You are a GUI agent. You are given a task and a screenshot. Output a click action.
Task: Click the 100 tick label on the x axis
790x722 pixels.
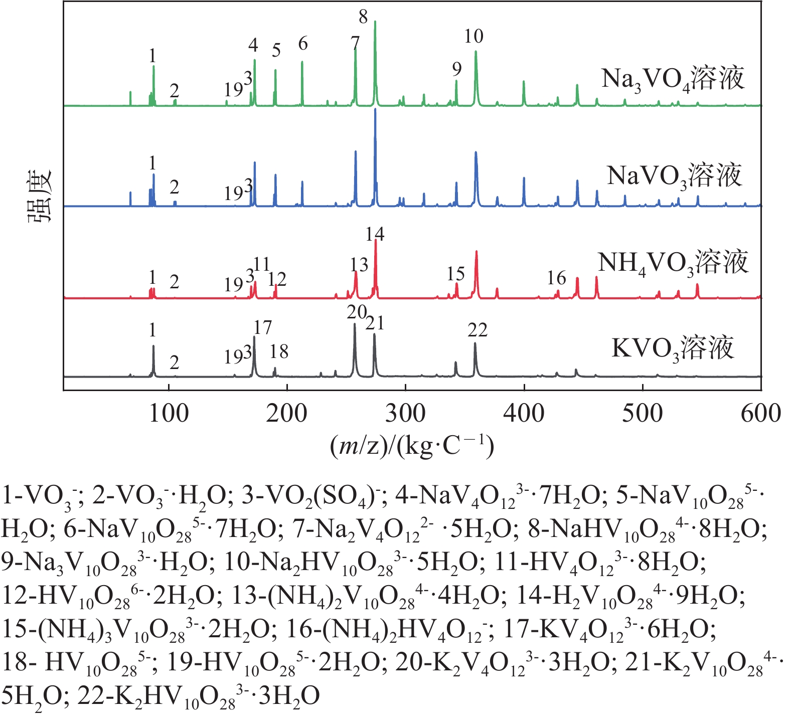(169, 414)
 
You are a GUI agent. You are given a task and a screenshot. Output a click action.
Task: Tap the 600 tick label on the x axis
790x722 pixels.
(761, 414)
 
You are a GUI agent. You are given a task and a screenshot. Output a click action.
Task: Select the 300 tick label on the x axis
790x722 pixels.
(405, 414)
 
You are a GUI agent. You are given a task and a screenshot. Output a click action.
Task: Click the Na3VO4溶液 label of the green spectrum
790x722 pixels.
(673, 79)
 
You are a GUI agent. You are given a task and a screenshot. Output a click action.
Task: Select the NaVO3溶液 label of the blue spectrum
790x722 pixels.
(674, 176)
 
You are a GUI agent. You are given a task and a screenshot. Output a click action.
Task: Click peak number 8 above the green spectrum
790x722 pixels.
(363, 17)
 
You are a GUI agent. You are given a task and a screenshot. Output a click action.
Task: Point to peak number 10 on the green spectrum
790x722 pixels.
(473, 36)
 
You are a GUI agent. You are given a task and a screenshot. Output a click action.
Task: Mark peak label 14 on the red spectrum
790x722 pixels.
(375, 234)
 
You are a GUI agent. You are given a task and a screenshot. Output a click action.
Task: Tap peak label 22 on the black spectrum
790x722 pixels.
(477, 330)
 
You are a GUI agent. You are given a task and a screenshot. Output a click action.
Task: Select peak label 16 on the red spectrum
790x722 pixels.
(556, 278)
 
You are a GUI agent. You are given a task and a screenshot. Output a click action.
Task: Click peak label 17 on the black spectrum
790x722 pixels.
(262, 328)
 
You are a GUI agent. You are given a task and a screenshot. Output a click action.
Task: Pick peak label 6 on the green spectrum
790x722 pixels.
(302, 44)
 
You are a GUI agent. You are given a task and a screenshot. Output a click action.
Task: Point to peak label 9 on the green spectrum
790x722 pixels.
(456, 69)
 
